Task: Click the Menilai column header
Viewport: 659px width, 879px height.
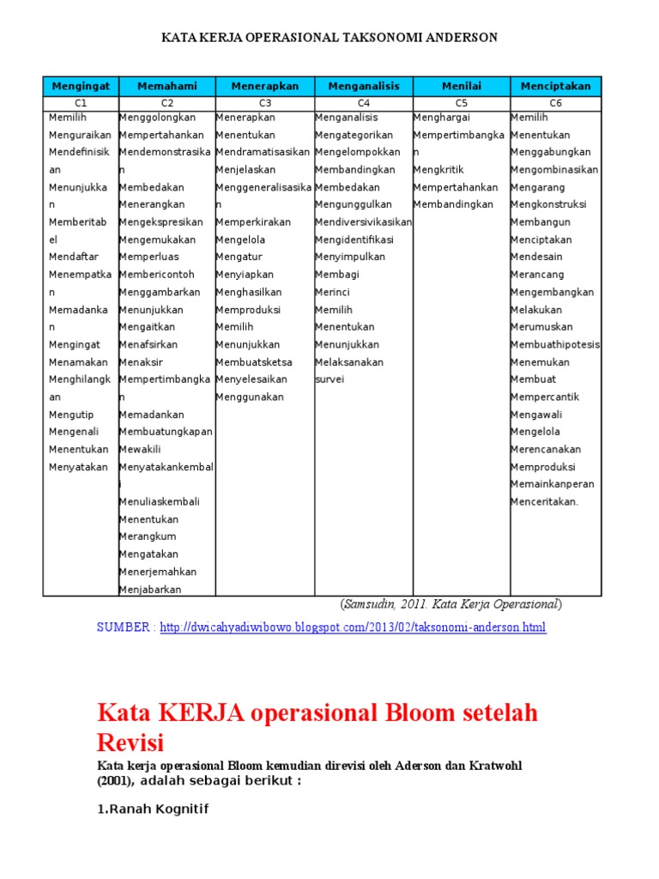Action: click(462, 86)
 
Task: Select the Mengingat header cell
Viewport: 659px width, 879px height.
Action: click(80, 86)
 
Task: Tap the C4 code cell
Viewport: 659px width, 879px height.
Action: click(364, 103)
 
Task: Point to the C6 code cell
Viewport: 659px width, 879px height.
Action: click(556, 103)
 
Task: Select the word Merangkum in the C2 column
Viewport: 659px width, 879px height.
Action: click(148, 536)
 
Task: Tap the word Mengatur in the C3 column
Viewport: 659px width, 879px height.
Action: click(239, 257)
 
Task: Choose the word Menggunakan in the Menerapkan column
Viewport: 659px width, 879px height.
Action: click(250, 397)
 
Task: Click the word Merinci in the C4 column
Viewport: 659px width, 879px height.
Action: click(333, 292)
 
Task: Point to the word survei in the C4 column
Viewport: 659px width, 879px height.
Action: click(329, 379)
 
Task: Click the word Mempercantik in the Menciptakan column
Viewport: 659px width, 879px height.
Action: click(545, 397)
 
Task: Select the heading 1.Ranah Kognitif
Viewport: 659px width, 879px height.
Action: click(152, 809)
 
